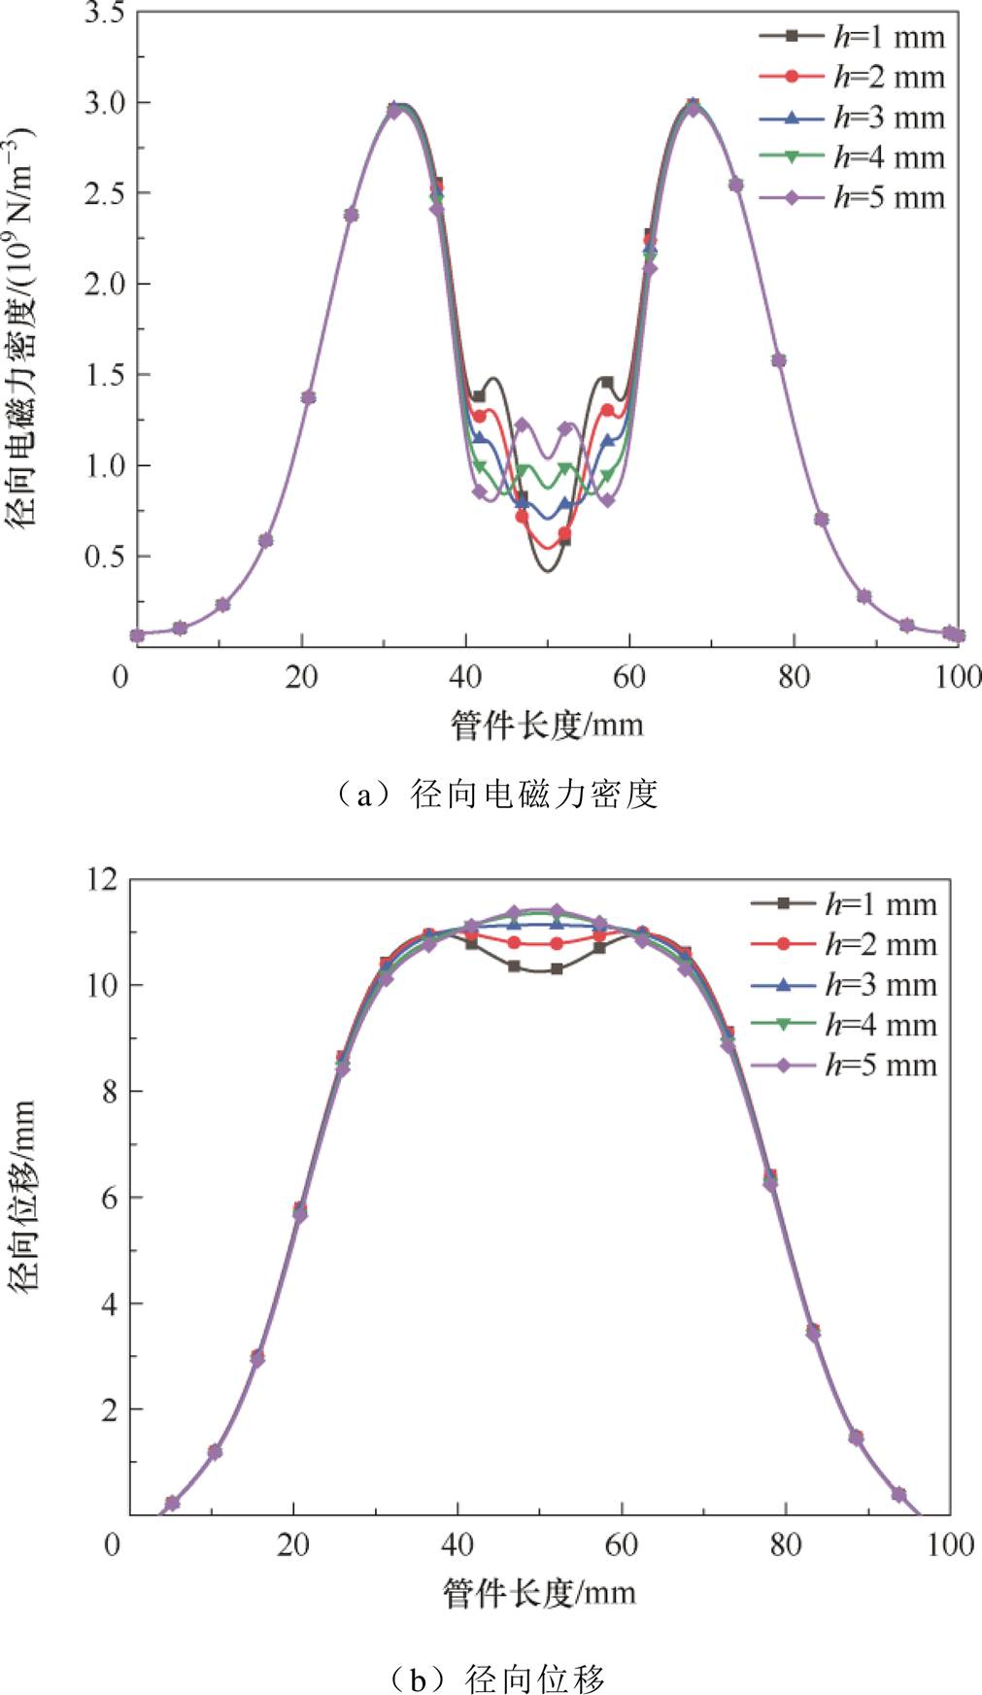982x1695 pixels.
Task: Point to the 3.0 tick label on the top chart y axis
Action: [x=103, y=103]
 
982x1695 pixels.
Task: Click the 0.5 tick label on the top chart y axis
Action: [x=103, y=557]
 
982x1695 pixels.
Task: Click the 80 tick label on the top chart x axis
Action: [x=794, y=676]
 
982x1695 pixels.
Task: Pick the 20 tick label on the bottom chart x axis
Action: [x=292, y=1544]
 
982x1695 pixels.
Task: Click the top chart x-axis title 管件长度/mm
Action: [x=547, y=725]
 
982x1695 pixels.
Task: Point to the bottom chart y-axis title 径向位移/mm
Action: [x=23, y=1195]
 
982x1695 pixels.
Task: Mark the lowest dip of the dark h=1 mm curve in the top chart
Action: [x=547, y=570]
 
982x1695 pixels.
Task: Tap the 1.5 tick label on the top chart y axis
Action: [x=103, y=375]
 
